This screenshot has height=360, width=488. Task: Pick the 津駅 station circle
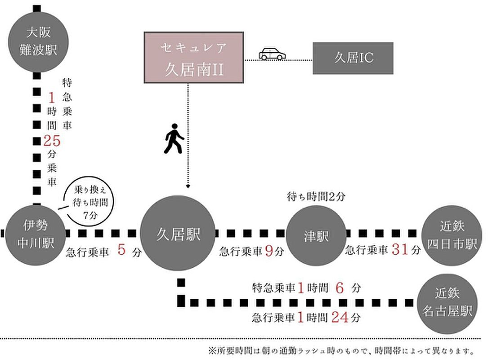click(316, 235)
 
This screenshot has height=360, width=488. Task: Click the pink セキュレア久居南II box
click(194, 58)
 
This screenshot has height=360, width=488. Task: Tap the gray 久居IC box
click(353, 58)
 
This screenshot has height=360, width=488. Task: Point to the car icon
click(272, 54)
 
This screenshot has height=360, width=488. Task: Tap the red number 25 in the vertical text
click(52, 141)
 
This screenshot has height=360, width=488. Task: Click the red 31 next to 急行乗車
click(400, 251)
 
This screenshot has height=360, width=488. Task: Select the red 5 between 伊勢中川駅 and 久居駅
click(121, 250)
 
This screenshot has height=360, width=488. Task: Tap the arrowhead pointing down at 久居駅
click(188, 186)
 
